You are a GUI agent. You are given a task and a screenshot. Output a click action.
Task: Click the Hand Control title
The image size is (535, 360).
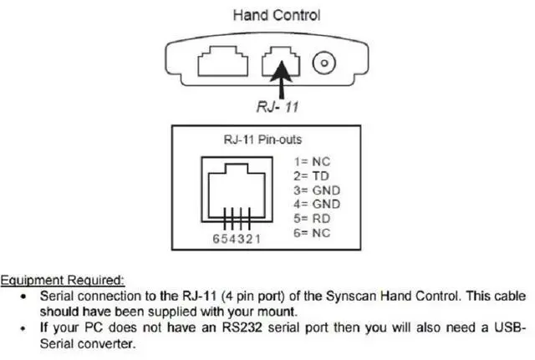coord(276,14)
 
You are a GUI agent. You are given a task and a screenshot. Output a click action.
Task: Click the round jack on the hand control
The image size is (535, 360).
coord(324,63)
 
